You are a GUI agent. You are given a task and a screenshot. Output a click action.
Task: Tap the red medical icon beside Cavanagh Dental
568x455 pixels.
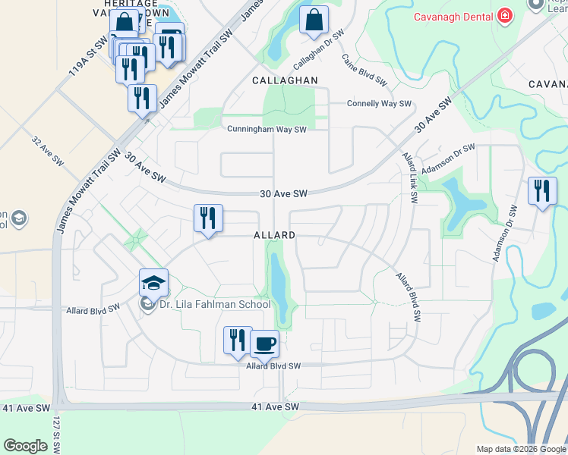point(503,17)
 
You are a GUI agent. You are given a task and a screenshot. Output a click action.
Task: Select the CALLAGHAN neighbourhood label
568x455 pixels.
point(286,80)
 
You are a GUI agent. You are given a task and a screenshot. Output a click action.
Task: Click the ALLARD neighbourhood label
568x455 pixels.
point(274,236)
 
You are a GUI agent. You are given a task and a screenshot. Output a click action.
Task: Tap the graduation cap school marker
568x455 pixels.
point(153,284)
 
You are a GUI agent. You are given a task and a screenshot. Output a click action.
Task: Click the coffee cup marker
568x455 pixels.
point(264,344)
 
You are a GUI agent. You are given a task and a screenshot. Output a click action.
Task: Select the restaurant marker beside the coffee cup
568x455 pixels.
point(238,340)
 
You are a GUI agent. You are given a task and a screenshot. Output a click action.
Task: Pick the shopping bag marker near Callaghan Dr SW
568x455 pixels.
point(314,20)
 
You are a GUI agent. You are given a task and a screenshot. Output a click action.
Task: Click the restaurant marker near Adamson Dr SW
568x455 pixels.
point(542,190)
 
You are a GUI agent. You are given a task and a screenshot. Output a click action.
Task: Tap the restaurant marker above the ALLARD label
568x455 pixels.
point(207,218)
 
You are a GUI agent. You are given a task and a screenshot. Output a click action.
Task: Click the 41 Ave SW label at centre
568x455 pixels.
point(276,407)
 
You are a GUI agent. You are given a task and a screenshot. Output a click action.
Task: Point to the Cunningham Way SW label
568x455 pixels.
point(267,129)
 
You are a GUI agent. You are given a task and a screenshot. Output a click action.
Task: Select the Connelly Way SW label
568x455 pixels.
point(379,104)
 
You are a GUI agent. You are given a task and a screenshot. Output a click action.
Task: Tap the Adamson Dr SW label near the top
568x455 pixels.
point(448,158)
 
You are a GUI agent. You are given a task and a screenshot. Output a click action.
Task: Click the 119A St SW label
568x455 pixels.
point(79,59)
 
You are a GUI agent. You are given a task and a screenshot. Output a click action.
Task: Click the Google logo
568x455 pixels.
point(25,446)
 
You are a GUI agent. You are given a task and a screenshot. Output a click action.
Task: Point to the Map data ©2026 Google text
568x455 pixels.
point(520,449)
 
